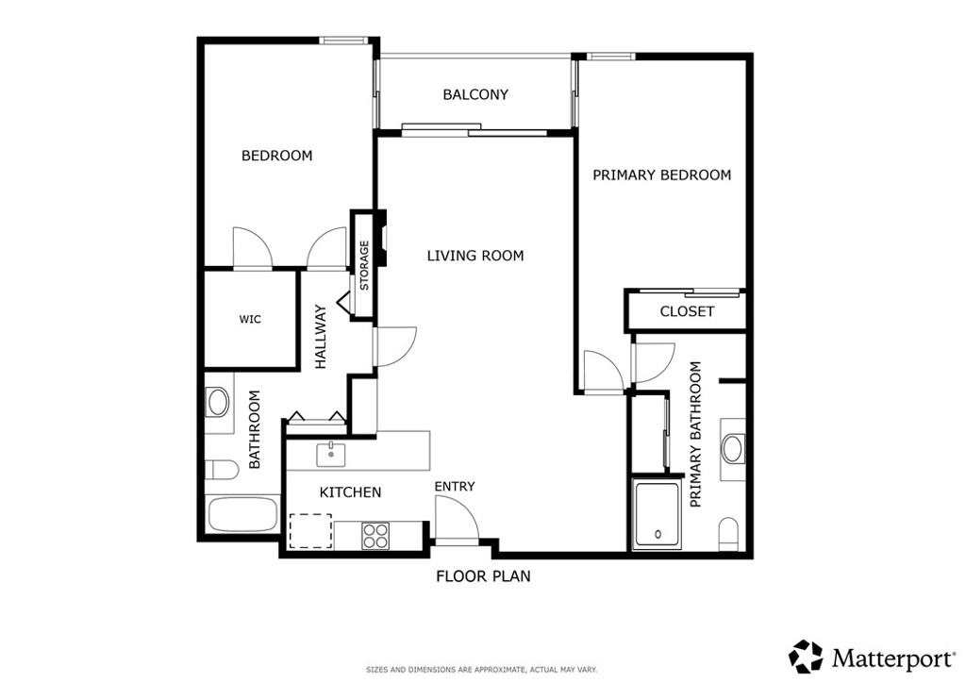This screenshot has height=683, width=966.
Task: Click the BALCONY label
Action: [475, 94]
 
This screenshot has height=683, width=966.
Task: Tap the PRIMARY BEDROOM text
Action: [661, 175]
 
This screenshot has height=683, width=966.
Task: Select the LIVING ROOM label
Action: [475, 256]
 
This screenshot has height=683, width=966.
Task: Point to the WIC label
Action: [249, 320]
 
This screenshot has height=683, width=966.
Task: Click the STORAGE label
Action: [364, 265]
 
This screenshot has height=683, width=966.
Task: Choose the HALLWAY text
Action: [321, 335]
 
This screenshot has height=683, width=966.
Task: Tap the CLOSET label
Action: [687, 311]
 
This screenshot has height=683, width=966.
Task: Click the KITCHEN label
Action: [350, 491]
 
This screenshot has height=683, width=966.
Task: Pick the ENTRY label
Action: [455, 486]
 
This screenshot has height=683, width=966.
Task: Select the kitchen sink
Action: [330, 454]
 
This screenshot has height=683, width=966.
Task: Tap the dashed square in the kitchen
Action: [310, 530]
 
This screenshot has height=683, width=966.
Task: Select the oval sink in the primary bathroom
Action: [733, 448]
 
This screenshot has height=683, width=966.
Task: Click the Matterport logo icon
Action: [806, 656]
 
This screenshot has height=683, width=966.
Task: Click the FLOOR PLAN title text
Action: [483, 575]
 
